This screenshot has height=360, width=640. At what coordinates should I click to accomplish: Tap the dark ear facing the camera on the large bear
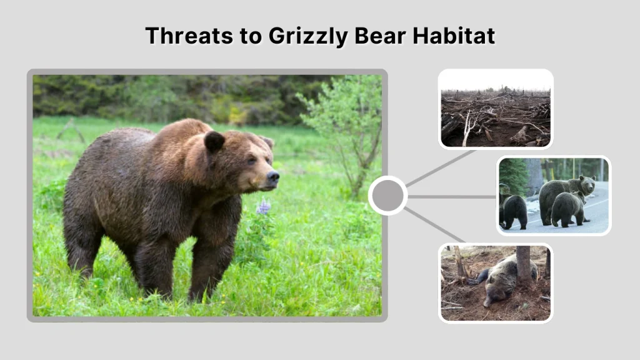tap(214, 141)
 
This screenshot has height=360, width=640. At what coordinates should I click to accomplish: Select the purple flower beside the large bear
tap(264, 207)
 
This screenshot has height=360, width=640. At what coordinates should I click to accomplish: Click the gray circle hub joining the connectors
tap(387, 196)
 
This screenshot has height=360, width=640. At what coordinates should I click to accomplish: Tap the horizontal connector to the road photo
tap(451, 196)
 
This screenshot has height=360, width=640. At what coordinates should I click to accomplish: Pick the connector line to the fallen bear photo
tap(435, 225)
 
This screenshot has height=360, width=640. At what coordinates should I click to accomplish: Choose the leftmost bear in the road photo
tap(514, 211)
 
